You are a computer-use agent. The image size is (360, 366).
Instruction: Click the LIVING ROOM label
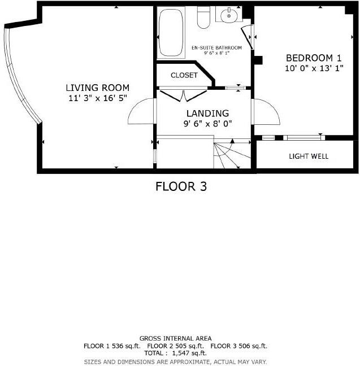click(97, 88)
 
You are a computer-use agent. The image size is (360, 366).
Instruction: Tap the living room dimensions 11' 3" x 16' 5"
click(97, 98)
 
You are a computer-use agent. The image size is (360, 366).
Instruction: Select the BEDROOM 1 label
click(314, 58)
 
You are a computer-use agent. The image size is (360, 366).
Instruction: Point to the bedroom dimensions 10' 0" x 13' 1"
click(314, 68)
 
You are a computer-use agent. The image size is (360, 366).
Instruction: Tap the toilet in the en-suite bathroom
click(203, 19)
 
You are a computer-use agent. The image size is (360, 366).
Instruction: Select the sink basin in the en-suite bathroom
click(229, 16)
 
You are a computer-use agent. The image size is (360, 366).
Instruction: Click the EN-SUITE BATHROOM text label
click(216, 48)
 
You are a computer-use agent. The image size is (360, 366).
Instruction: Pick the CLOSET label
click(184, 75)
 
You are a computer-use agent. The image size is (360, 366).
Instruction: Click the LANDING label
click(208, 113)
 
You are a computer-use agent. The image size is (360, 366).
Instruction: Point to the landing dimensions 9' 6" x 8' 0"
click(208, 124)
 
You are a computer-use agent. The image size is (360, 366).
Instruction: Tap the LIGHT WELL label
click(308, 156)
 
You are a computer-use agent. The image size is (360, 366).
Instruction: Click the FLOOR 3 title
click(181, 186)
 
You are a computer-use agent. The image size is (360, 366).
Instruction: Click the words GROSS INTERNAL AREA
click(175, 338)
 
